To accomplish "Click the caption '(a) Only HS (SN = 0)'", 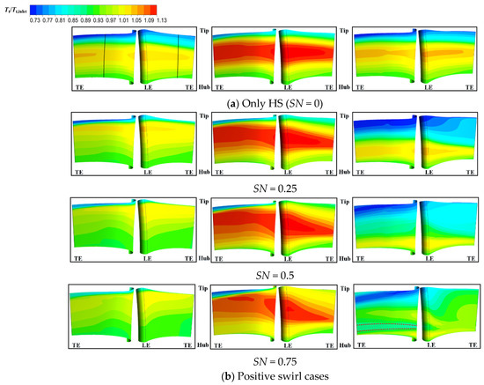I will tap(274, 101).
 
